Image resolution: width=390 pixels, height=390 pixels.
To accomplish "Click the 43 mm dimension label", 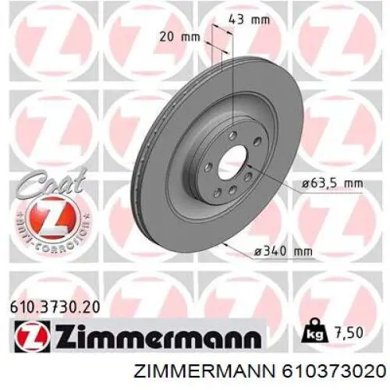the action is (249, 19).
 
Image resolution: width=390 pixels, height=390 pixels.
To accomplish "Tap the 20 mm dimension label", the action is (179, 37).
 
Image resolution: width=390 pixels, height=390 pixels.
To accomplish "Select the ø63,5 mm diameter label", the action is (332, 184).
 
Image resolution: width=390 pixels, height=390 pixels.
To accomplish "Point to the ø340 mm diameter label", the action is (283, 251).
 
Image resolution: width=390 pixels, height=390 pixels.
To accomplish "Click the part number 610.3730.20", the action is (55, 307).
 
